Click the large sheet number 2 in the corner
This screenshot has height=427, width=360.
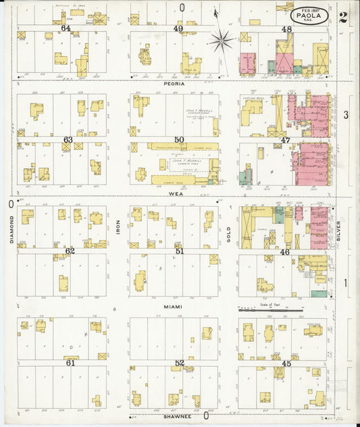pyautogui.click(x=344, y=18)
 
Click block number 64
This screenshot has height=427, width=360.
pyautogui.click(x=66, y=28)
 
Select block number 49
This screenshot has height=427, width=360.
pyautogui.click(x=178, y=28)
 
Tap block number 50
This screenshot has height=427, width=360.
pyautogui.click(x=178, y=139)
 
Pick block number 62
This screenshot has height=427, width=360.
pyautogui.click(x=69, y=251)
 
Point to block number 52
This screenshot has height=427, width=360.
pyautogui.click(x=179, y=363)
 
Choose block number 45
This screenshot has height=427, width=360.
pyautogui.click(x=286, y=363)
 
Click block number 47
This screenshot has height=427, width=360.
pyautogui.click(x=286, y=140)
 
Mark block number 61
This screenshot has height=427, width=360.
pyautogui.click(x=70, y=363)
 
